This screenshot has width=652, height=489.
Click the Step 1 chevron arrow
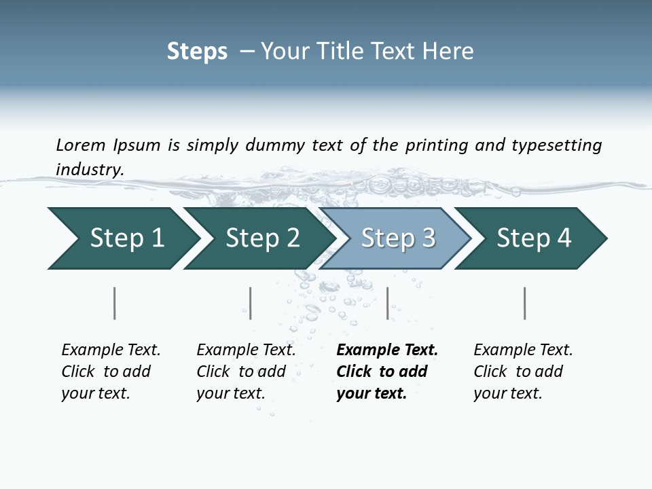pos(122,238)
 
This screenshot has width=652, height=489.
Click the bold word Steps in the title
pos(197,52)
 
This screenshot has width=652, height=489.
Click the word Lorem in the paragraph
pos(81,145)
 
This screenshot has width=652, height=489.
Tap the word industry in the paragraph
pos(90,169)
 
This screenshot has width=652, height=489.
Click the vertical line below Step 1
pos(114,303)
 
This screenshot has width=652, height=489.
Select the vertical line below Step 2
pos(251,303)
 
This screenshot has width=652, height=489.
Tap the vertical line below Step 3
pos(387,303)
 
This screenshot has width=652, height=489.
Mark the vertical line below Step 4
pos(524,303)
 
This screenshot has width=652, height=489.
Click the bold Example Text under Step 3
pos(387,350)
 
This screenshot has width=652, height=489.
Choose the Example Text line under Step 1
pos(111,350)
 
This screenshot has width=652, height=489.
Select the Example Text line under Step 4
pos(523,350)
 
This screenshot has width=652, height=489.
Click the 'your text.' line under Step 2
pos(230,393)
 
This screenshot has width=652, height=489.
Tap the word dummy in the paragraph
pos(276,145)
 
